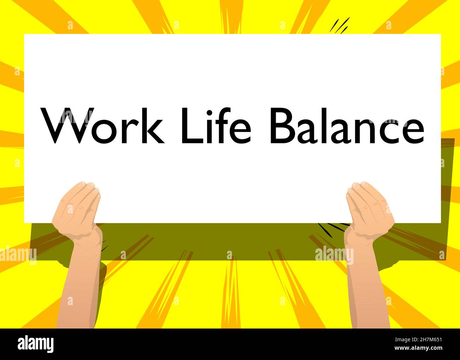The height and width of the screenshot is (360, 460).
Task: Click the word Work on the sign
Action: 103,126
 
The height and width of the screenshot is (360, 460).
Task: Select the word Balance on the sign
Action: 347,126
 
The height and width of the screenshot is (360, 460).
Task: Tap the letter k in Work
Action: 154,126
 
